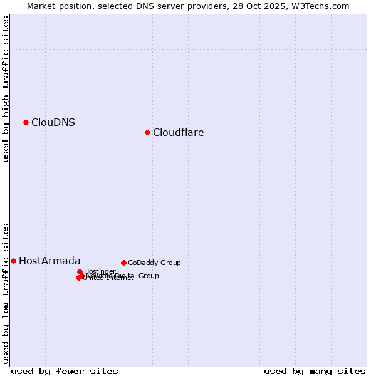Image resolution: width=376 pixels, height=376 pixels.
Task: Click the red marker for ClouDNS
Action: click(x=26, y=122)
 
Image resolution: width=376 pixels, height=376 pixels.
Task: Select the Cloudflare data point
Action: click(x=147, y=132)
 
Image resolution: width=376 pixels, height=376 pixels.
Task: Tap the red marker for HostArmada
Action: click(x=13, y=261)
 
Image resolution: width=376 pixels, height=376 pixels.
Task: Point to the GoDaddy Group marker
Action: click(x=123, y=263)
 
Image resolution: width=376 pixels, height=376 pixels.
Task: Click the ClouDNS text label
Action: click(x=53, y=123)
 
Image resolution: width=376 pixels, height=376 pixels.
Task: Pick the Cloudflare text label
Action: click(x=179, y=133)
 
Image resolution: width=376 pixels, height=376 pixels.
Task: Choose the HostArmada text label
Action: click(x=50, y=261)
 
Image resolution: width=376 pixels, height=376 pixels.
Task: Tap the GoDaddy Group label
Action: click(x=154, y=263)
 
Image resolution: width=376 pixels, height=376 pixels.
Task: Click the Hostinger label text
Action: click(x=100, y=271)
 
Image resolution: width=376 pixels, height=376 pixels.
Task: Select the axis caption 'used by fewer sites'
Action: click(x=65, y=371)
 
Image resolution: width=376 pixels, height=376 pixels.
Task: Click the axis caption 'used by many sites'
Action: click(x=315, y=371)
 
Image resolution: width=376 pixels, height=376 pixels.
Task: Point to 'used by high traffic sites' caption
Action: click(x=6, y=89)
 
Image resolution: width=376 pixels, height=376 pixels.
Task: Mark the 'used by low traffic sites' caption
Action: click(x=6, y=293)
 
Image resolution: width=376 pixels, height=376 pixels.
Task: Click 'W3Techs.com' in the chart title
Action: click(x=323, y=6)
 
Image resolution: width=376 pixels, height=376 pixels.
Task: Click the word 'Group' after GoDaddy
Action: click(x=170, y=263)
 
